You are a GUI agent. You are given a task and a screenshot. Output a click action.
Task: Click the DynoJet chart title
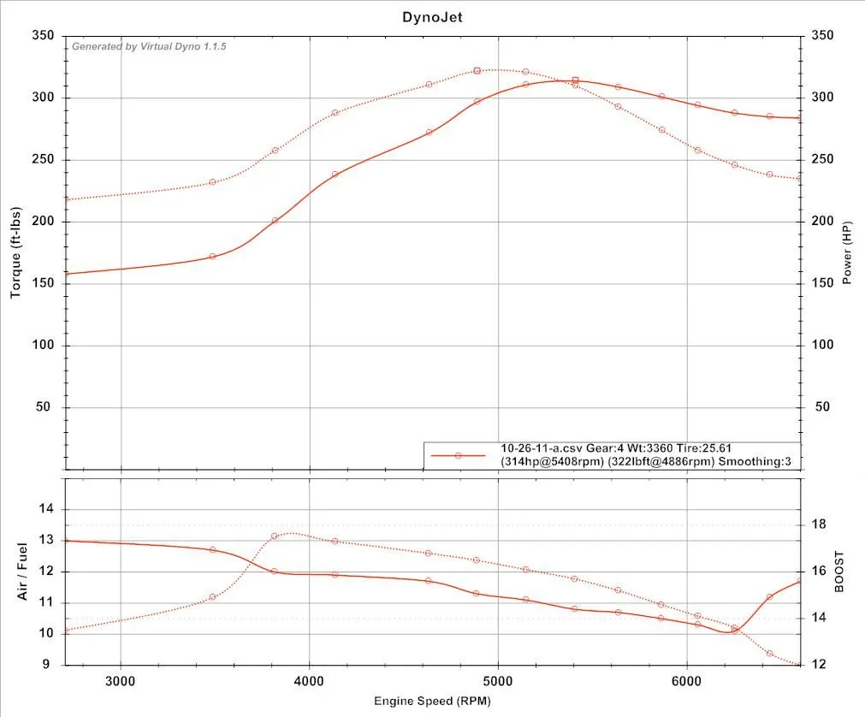click(x=432, y=16)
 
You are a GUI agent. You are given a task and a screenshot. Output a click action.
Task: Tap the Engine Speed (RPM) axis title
click(x=432, y=701)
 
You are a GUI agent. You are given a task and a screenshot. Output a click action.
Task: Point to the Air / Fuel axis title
click(x=24, y=571)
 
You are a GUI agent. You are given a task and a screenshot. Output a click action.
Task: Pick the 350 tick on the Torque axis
click(x=42, y=36)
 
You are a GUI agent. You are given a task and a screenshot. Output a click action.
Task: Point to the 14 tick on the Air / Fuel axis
click(x=46, y=509)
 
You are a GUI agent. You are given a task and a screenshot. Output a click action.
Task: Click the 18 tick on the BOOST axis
click(x=818, y=524)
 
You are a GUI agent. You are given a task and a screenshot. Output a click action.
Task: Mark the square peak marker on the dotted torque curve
click(x=477, y=71)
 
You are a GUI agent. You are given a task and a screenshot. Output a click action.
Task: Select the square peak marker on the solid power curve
click(x=575, y=80)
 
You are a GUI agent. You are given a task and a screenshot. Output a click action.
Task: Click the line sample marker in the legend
click(x=459, y=456)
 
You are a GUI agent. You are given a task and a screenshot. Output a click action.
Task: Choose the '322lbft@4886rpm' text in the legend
click(x=655, y=461)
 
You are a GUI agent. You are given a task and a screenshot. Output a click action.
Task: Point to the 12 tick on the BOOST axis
click(x=818, y=665)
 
